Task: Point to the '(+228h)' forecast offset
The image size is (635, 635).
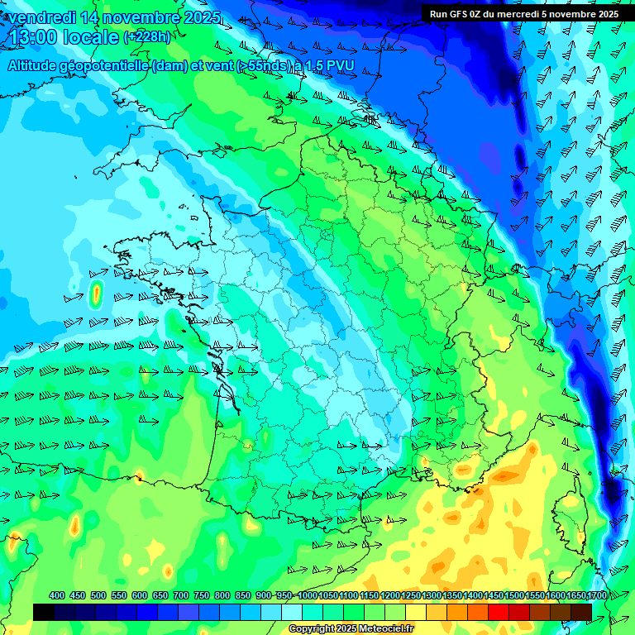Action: [x=147, y=37]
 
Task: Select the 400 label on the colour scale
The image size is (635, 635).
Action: [x=57, y=595]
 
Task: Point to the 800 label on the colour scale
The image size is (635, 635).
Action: [x=222, y=595]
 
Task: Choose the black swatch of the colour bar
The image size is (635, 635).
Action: [x=44, y=611]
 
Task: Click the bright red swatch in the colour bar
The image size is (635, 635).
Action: [x=499, y=611]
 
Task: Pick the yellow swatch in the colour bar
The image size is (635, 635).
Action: [x=416, y=611]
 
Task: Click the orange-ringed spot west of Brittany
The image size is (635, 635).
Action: [x=95, y=292]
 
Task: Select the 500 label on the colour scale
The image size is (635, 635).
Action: [x=98, y=595]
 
